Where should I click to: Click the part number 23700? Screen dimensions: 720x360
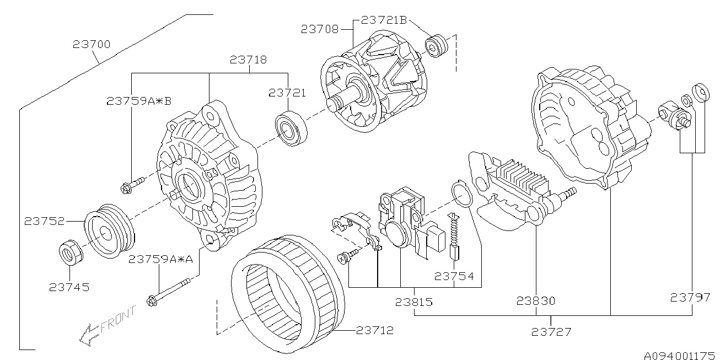coord(92,44)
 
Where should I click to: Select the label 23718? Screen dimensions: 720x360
coord(248,60)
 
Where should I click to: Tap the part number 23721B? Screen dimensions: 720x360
coord(384,20)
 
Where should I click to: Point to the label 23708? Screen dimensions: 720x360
coord(320,29)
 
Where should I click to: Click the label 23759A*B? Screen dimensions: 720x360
coord(139,101)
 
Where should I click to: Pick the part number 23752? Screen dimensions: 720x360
coord(44,221)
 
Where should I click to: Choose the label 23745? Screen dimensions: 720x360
coord(69,287)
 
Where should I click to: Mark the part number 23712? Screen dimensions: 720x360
coord(375,330)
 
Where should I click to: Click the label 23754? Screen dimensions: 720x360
coord(454,276)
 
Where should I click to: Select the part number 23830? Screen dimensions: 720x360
coord(536,301)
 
